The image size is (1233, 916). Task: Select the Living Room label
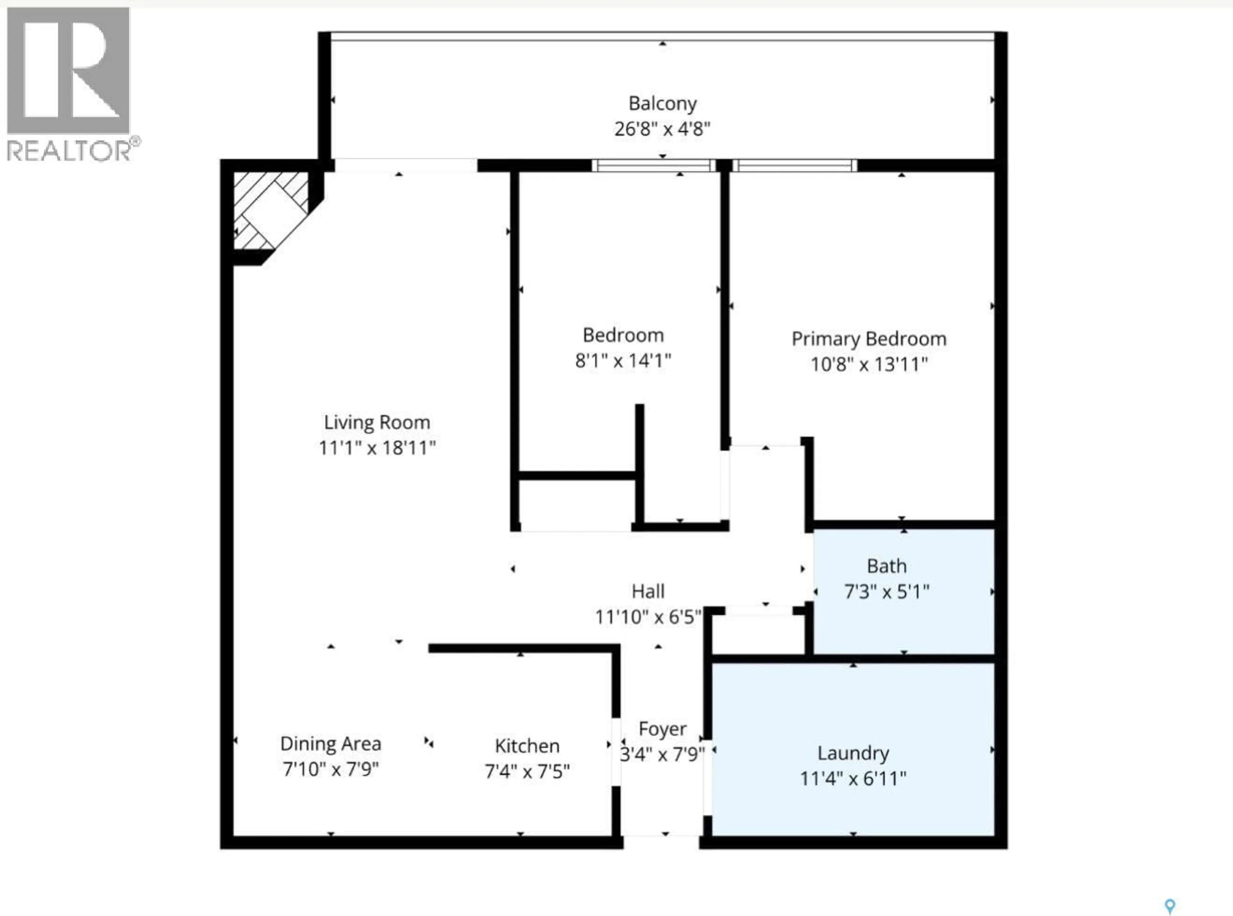point(377,422)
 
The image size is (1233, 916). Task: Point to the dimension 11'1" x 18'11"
point(377,448)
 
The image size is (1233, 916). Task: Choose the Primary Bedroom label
point(868,339)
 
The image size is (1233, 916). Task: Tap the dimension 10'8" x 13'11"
point(868,364)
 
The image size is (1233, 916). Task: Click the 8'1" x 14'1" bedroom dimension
point(623,361)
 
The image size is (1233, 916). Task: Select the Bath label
point(887,566)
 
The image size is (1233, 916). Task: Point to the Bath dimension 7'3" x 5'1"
point(887,591)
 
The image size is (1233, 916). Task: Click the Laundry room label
point(853,753)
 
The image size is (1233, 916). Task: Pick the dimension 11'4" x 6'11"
point(853,778)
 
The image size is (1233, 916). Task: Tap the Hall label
point(648,591)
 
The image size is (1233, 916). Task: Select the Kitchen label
point(527,746)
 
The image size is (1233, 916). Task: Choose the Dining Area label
point(331,743)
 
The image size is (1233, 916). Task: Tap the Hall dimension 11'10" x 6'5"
point(648,617)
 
